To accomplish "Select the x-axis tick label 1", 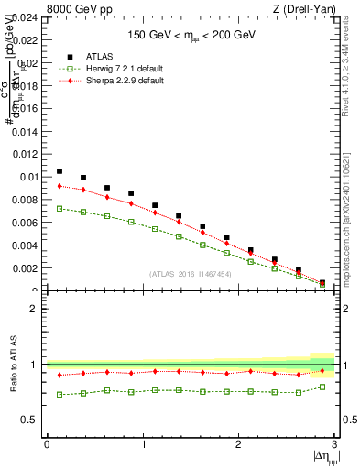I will pyautogui.click(x=143, y=444).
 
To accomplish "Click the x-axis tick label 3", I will pyautogui.click(x=334, y=444).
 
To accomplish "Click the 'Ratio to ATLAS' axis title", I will pyautogui.click(x=13, y=364).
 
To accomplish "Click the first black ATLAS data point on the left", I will pyautogui.click(x=60, y=171).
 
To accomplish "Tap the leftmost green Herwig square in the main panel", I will pyautogui.click(x=60, y=209).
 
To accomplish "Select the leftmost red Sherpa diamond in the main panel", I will pyautogui.click(x=60, y=186).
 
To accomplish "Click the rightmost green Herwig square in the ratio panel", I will pyautogui.click(x=322, y=387).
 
